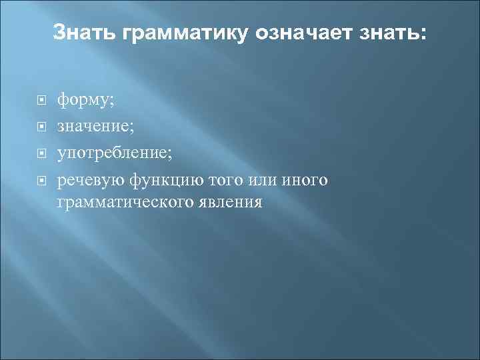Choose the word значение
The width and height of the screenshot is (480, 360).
[x=90, y=127]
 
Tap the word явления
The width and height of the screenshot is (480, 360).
[x=234, y=201]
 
